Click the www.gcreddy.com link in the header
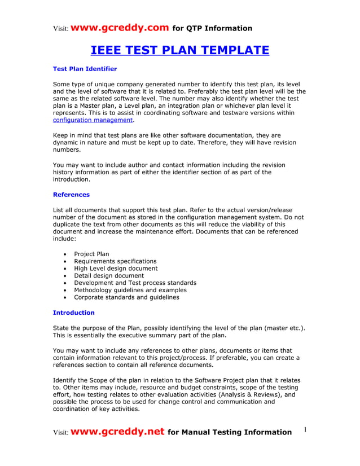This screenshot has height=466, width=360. click(120, 28)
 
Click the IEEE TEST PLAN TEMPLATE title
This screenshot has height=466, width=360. click(180, 51)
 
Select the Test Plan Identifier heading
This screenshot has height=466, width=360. click(85, 69)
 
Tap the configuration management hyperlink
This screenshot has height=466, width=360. click(93, 120)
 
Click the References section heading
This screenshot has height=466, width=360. click(71, 195)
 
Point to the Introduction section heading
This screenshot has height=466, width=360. click(73, 313)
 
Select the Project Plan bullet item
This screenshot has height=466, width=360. click(91, 254)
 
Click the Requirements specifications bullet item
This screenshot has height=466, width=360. click(115, 261)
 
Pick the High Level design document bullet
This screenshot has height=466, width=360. click(116, 269)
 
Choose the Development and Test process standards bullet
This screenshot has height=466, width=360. click(135, 283)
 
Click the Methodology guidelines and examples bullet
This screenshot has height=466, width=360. click(130, 290)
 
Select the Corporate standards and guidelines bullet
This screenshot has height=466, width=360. click(126, 297)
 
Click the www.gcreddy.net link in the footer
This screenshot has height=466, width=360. click(118, 432)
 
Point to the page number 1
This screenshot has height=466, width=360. click(305, 430)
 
